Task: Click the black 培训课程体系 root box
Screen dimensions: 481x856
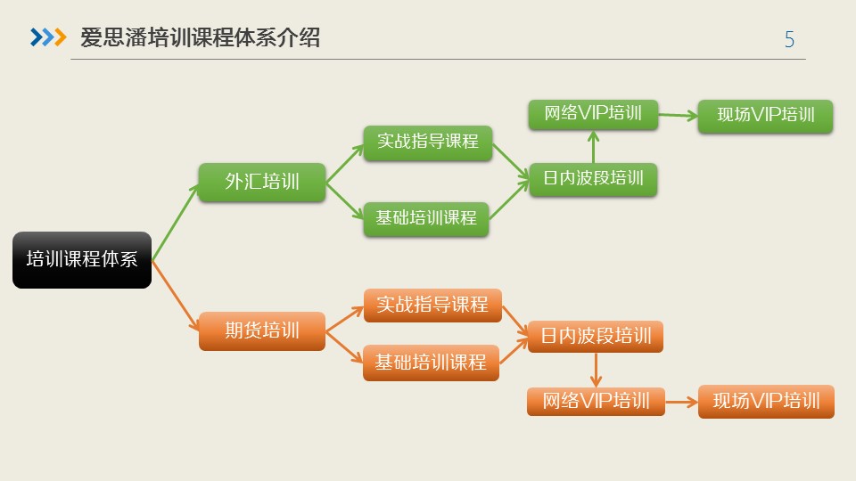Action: [x=82, y=260]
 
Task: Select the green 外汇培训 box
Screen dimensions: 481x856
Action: [x=262, y=183]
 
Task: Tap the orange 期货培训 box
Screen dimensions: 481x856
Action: [x=262, y=330]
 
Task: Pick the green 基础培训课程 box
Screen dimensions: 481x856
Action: [x=426, y=218]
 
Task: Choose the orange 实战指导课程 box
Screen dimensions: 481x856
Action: [x=432, y=305]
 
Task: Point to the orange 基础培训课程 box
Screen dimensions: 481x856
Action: [x=431, y=363]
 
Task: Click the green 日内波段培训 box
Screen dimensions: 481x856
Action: [x=593, y=178]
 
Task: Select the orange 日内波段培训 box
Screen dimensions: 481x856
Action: [x=596, y=336]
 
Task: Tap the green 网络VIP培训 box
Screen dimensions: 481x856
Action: [x=593, y=114]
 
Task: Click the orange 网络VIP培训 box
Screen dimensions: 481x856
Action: [x=596, y=401]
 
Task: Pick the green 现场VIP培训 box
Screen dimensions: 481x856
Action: [x=766, y=116]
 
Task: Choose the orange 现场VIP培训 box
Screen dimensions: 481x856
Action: [x=766, y=401]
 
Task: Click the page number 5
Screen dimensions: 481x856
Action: [x=789, y=40]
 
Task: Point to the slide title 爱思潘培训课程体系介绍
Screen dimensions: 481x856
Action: [x=200, y=37]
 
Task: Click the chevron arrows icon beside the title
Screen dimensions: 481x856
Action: [x=48, y=37]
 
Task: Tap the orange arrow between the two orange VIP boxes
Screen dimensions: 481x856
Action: [x=682, y=402]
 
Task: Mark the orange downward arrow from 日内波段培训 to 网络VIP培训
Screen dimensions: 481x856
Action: [x=596, y=370]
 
